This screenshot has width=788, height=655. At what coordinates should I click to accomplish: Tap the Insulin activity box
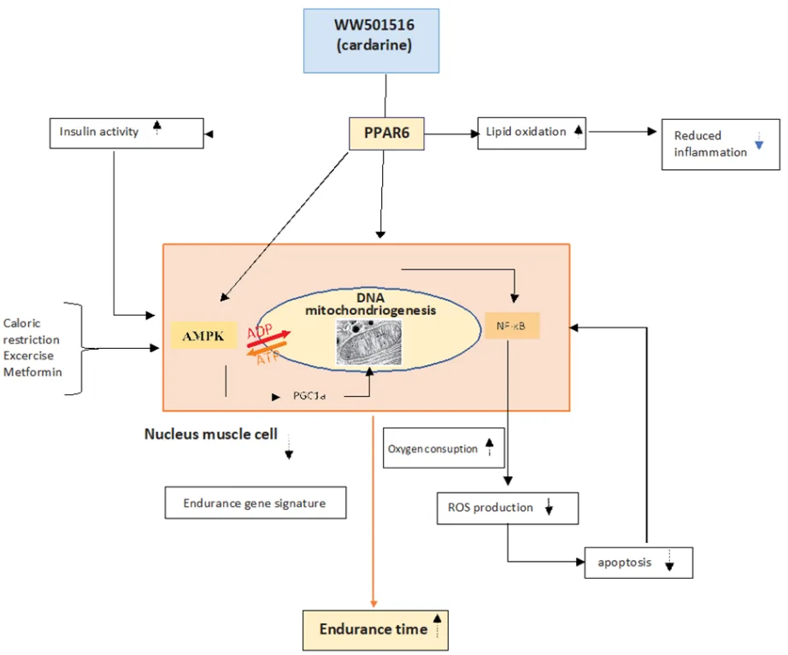[126, 133]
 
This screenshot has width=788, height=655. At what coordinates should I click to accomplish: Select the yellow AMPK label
[202, 336]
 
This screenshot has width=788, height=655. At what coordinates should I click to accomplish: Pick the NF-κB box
[512, 326]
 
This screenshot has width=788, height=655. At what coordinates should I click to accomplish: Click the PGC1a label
[311, 397]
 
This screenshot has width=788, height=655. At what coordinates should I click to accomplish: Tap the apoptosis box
[638, 563]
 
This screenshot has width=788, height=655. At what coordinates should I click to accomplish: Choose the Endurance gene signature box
[256, 503]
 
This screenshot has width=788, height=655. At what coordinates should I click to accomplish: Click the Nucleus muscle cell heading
[210, 434]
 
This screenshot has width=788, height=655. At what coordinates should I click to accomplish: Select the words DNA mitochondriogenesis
[372, 304]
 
